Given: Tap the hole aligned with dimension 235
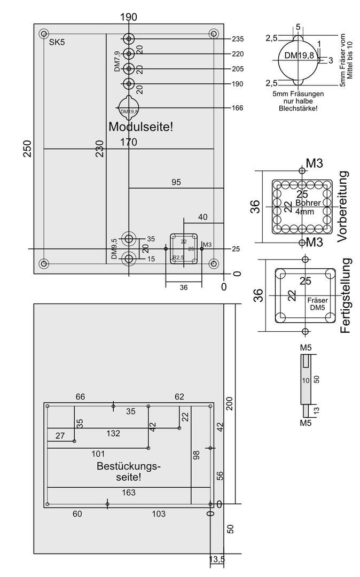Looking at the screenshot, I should pos(129,39).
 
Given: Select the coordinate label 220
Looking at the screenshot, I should pos(238,54).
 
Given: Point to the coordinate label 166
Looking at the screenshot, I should pos(238,108).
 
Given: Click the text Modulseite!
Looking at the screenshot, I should pos(141,127).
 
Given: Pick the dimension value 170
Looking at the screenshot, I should pos(129,142).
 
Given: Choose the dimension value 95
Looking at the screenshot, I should pos(176,182).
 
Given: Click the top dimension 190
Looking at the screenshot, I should pos(129,17).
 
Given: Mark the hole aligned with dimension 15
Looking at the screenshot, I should pos(129,259).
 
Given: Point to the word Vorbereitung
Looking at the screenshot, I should pos(343,207).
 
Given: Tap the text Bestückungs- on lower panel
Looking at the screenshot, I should pos(128,466).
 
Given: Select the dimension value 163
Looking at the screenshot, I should pos(128,493).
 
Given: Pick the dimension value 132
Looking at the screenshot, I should pos(113,433).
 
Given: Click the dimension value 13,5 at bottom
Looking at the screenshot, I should pos(217,559).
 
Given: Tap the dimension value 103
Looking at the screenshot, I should pos(158,514).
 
